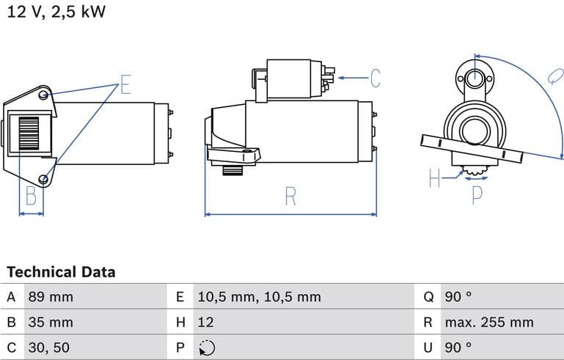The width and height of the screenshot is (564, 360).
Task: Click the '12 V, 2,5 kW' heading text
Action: pyautogui.click(x=56, y=12)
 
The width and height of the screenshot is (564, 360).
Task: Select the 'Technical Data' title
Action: pyautogui.click(x=61, y=272)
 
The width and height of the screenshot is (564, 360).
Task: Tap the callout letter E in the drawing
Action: pyautogui.click(x=125, y=85)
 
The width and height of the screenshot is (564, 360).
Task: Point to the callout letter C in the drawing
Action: pyautogui.click(x=375, y=78)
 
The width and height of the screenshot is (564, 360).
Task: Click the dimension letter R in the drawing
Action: pyautogui.click(x=290, y=196)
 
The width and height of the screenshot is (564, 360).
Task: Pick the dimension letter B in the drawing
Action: pyautogui.click(x=31, y=196)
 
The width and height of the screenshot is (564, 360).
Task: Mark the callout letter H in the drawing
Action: pyautogui.click(x=434, y=178)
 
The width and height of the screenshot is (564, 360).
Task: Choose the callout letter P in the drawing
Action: pyautogui.click(x=477, y=194)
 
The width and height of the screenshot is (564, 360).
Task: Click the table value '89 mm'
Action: pyautogui.click(x=51, y=297)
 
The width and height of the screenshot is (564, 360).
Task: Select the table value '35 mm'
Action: pyautogui.click(x=51, y=322)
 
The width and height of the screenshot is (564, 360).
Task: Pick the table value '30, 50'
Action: pyautogui.click(x=49, y=347)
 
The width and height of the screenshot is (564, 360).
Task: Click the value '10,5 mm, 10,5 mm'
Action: pyautogui.click(x=259, y=297)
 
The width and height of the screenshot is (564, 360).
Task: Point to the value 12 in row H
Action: pyautogui.click(x=205, y=322)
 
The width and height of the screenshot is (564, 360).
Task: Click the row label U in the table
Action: pyautogui.click(x=428, y=347)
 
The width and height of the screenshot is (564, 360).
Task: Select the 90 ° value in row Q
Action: pyautogui.click(x=458, y=297)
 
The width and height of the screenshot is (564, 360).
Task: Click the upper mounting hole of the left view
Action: pyautogui.click(x=44, y=95)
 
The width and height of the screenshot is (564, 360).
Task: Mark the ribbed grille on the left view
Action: pyautogui.click(x=30, y=134)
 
